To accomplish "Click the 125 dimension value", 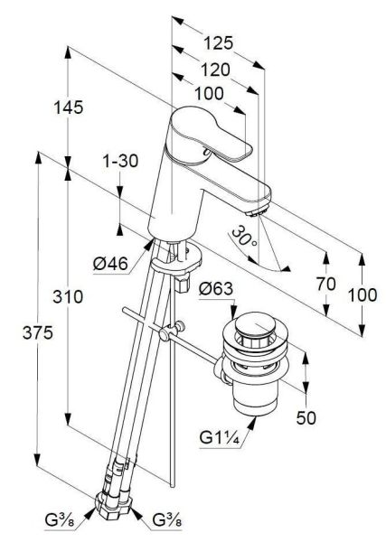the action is [x=218, y=43].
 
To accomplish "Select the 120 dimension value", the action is [x=215, y=70].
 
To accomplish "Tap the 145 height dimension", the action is [x=68, y=107].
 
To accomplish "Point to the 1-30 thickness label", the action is [x=120, y=161].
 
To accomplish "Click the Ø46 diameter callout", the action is [x=110, y=264].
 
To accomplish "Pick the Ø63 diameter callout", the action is [x=216, y=289].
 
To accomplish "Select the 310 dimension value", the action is [x=68, y=296].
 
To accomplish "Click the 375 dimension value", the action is [x=38, y=332].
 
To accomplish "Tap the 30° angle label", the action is [x=244, y=237].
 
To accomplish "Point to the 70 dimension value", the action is [x=325, y=285].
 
